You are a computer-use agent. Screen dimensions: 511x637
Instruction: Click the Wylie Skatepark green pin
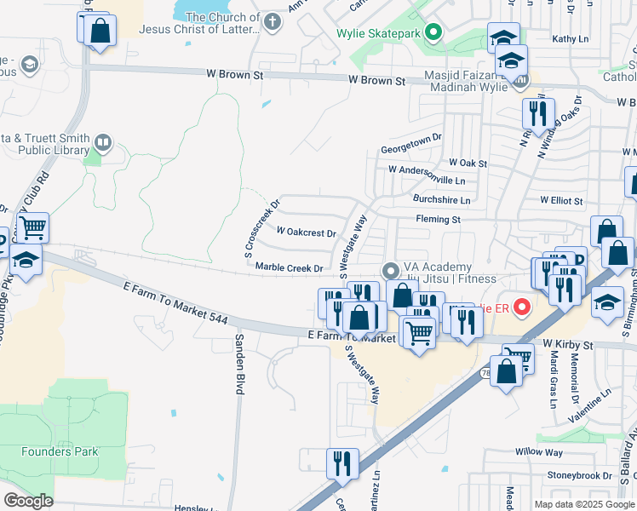(x=433, y=34)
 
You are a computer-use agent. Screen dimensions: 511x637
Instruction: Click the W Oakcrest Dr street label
(x=307, y=232)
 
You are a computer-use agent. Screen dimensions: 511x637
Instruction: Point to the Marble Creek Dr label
(x=290, y=267)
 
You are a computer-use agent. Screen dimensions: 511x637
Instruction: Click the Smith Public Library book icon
(x=103, y=141)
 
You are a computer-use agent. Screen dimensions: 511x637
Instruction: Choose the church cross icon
(x=273, y=22)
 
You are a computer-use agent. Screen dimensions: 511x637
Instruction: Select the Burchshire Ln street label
(x=441, y=200)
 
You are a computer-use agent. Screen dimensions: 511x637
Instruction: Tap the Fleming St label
(x=438, y=220)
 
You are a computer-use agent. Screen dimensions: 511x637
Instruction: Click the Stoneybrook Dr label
(x=583, y=475)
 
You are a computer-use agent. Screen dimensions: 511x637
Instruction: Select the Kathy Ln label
(x=570, y=39)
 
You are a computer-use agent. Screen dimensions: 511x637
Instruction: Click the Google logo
(x=28, y=500)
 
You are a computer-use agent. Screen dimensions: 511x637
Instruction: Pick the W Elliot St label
(x=561, y=202)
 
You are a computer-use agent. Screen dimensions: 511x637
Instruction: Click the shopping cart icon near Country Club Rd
(x=32, y=227)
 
